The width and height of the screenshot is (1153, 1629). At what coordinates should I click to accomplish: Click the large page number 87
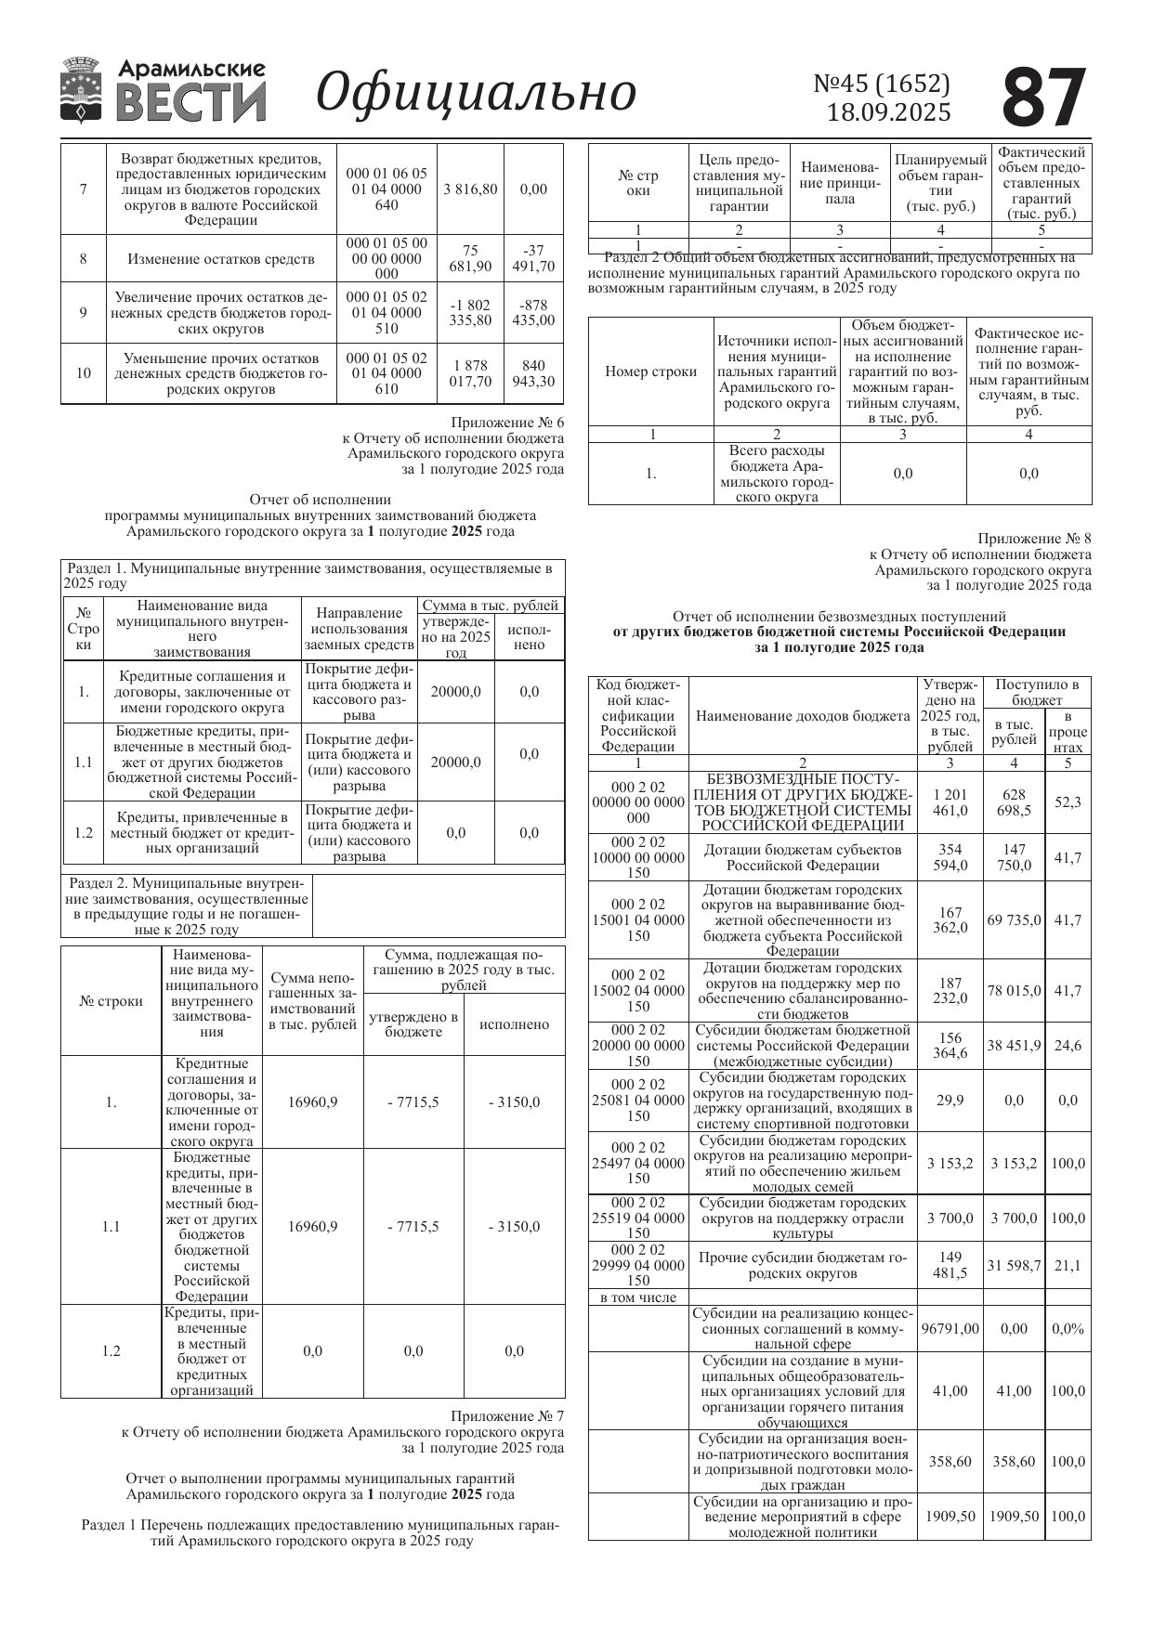click(x=1044, y=98)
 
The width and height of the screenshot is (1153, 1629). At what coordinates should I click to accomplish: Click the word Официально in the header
click(x=476, y=93)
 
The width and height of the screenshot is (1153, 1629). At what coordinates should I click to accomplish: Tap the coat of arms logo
click(x=81, y=90)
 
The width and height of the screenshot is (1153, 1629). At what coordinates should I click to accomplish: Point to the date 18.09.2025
click(x=889, y=112)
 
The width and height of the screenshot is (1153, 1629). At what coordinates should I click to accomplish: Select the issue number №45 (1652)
click(x=882, y=84)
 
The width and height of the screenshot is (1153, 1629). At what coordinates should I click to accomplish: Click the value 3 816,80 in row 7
click(x=470, y=189)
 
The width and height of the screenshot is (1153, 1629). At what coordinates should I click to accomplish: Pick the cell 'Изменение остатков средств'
click(x=221, y=259)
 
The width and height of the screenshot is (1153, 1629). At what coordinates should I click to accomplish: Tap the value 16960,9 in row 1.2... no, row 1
click(x=313, y=1102)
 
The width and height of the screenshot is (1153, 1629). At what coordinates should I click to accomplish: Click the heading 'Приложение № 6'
click(x=507, y=423)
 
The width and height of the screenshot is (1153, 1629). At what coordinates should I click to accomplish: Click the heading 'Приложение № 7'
click(x=507, y=1416)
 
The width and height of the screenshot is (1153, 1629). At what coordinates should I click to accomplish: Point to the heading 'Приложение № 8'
click(x=1034, y=539)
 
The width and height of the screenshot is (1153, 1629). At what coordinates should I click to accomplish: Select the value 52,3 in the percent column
click(x=1068, y=801)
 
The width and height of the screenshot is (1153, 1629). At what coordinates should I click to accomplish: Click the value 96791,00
click(x=950, y=1329)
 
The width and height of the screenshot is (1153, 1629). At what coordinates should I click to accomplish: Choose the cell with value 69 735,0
click(x=1014, y=920)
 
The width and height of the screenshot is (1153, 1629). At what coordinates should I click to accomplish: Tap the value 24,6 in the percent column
click(x=1068, y=1046)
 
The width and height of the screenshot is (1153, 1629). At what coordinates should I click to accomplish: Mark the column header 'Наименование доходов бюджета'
click(x=803, y=716)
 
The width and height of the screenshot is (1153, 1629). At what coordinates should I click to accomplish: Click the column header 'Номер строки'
click(x=650, y=371)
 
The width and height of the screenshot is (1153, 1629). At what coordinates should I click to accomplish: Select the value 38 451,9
click(x=1014, y=1046)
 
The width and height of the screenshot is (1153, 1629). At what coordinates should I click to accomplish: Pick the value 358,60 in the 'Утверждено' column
click(x=950, y=1462)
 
